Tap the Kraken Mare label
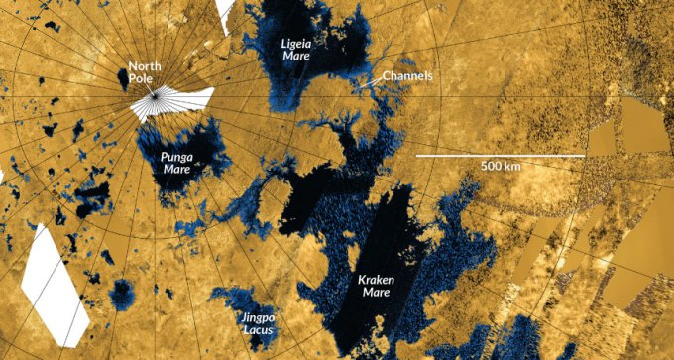(377, 287)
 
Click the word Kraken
(377, 281)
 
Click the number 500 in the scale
(488, 166)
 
